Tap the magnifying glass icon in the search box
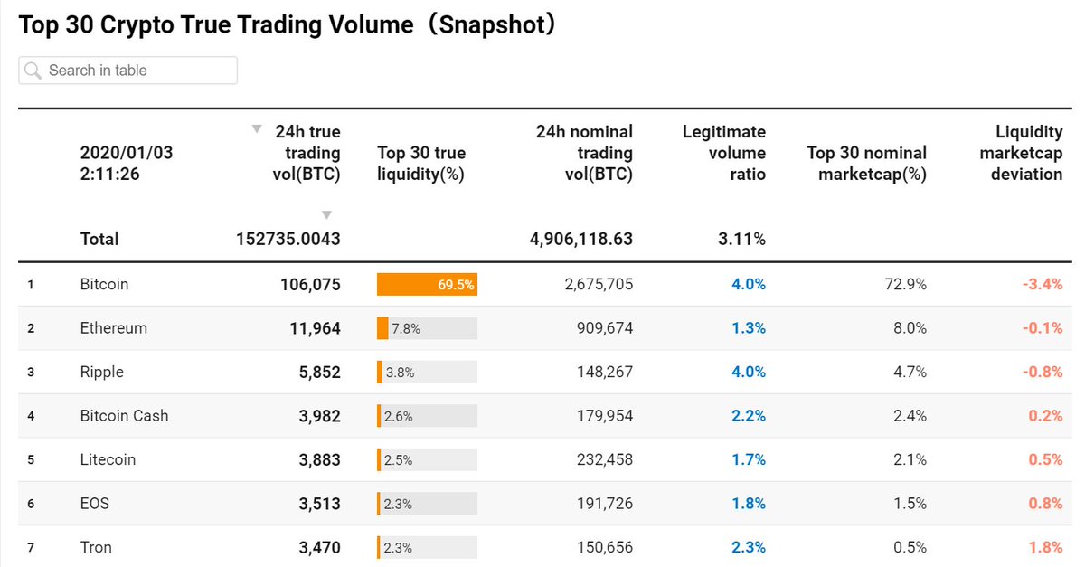[33, 71]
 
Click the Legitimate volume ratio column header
[723, 153]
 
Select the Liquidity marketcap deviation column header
[1021, 153]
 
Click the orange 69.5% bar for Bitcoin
[427, 284]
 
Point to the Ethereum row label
[113, 328]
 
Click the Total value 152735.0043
[288, 240]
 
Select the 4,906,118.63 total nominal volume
[580, 240]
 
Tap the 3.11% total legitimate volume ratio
[741, 240]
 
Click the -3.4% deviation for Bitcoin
[1042, 284]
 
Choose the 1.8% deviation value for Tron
[1045, 547]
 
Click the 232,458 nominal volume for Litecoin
[604, 459]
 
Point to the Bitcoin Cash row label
[124, 416]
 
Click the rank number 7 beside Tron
[31, 548]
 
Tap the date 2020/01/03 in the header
[126, 153]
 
